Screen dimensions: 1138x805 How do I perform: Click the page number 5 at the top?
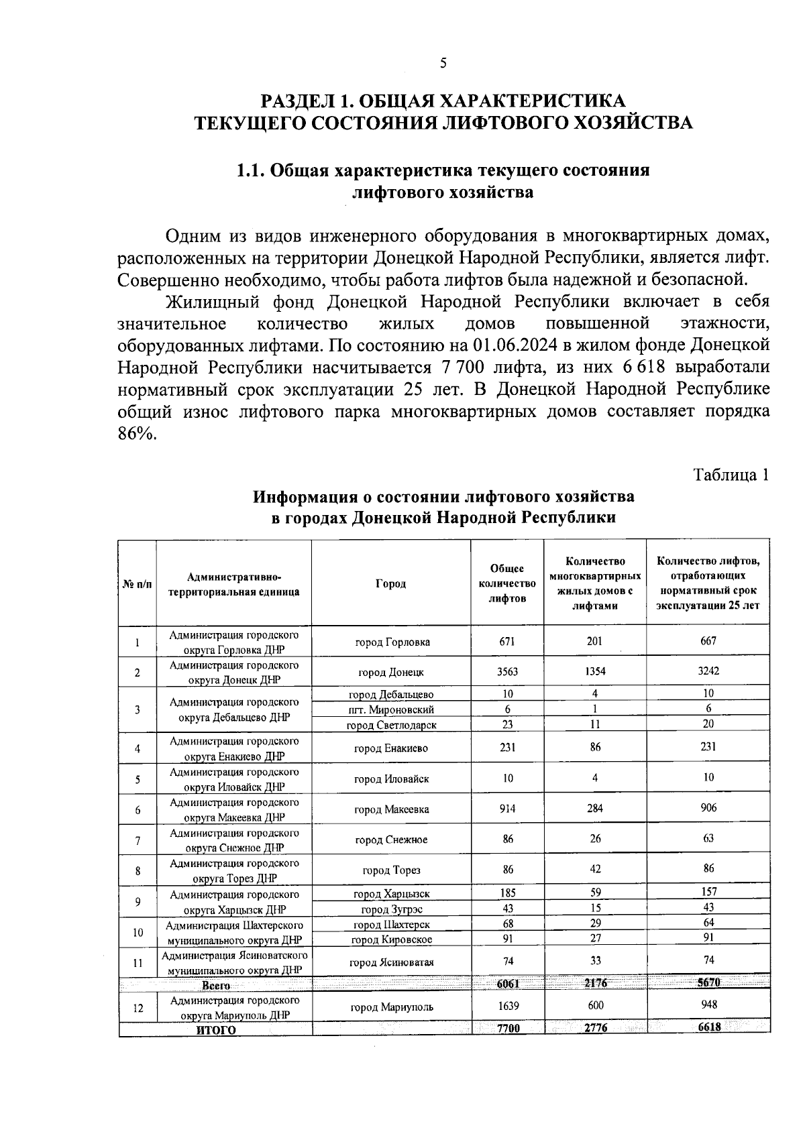click(x=443, y=64)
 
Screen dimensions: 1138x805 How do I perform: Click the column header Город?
click(x=390, y=583)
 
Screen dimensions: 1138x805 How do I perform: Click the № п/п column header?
click(x=137, y=584)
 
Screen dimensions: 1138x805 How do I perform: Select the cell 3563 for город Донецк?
click(x=507, y=672)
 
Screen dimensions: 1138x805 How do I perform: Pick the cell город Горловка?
click(x=392, y=642)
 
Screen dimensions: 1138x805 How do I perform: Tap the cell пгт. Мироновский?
click(x=391, y=709)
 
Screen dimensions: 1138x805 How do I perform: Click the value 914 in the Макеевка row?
click(x=507, y=809)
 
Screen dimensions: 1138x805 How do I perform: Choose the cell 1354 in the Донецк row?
click(x=594, y=672)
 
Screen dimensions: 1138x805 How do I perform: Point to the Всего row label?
click(x=216, y=986)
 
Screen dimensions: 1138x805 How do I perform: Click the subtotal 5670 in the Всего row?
click(x=708, y=983)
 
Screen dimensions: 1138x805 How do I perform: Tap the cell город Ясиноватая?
click(x=392, y=962)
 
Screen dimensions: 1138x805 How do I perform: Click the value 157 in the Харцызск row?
click(x=708, y=892)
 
